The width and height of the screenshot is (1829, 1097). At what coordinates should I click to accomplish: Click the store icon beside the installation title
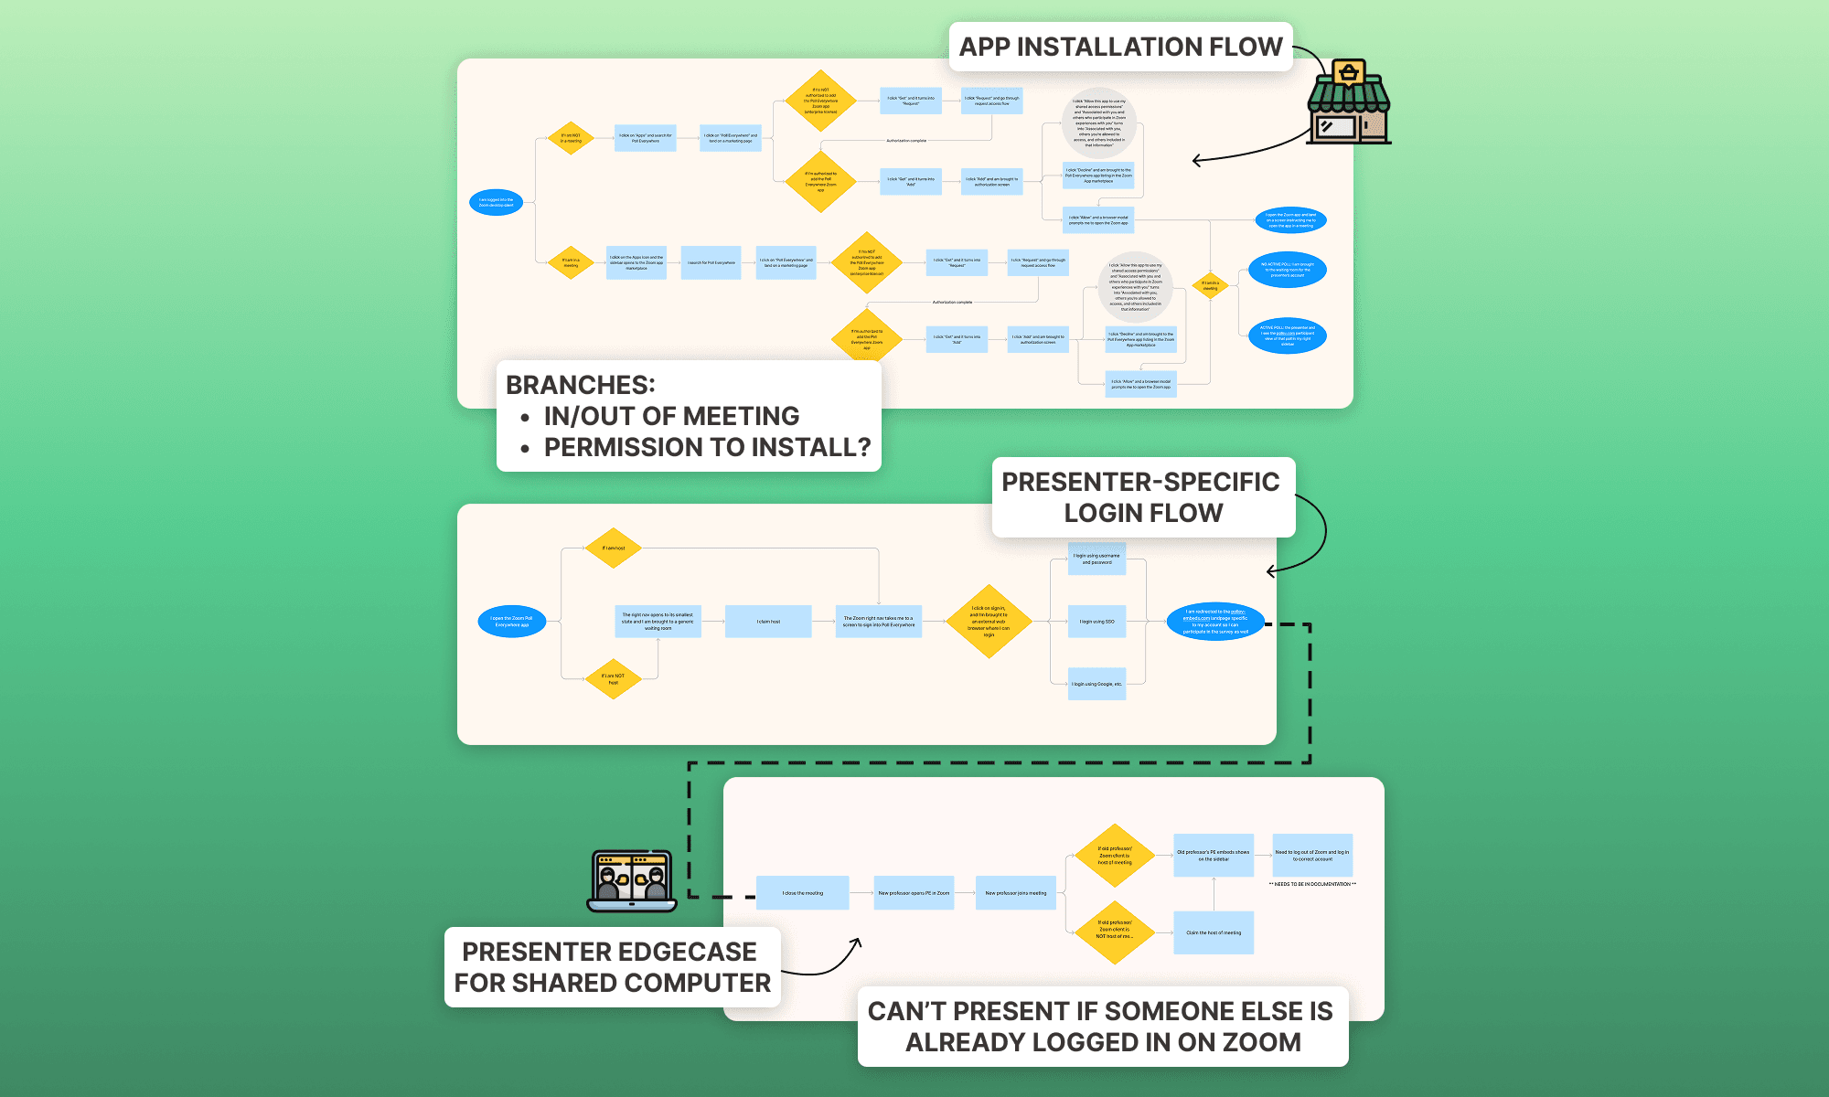pos(1349,102)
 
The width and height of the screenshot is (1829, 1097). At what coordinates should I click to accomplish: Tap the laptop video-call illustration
pos(632,881)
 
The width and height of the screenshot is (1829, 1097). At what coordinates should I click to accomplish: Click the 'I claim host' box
pos(768,622)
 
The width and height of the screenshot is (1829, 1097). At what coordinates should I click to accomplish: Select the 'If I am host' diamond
pos(614,548)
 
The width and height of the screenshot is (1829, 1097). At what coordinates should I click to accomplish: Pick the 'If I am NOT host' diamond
pos(613,679)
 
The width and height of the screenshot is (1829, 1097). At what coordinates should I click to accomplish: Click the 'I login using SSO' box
pos(1096,622)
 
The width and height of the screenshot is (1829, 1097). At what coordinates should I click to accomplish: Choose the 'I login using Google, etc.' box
pos(1096,684)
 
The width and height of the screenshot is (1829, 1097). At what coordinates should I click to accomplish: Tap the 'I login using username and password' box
pos(1096,559)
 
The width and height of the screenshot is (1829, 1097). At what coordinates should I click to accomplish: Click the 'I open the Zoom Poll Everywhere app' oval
pos(511,622)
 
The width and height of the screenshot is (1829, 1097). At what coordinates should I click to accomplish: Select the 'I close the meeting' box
pos(802,893)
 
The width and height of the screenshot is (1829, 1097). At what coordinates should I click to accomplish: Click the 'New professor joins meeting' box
pos(1015,893)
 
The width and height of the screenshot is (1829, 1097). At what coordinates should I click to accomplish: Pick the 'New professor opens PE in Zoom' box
pos(914,893)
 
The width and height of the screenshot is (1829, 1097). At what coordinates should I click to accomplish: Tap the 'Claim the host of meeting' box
pos(1214,932)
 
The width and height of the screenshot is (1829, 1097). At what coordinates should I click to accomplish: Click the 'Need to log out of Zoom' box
pos(1311,856)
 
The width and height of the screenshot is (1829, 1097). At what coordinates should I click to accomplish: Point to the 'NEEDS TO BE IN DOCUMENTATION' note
pos(1312,884)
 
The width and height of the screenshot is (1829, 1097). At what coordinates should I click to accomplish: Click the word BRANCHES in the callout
pos(580,385)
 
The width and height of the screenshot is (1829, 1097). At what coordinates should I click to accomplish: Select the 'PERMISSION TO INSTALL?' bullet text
pos(707,447)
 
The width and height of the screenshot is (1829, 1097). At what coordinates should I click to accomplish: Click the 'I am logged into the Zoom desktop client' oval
pos(496,202)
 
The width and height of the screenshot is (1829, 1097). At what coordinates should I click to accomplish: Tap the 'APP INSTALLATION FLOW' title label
pos(1120,47)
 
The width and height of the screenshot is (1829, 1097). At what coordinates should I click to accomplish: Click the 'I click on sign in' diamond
pos(989,622)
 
